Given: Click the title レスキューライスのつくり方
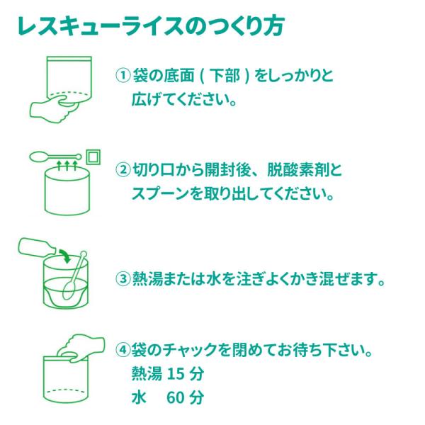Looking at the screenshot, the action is pyautogui.click(x=151, y=26).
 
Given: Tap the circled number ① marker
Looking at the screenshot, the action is pyautogui.click(x=123, y=75).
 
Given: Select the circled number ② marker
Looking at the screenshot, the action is pyautogui.click(x=123, y=170).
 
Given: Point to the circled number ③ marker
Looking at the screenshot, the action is pyautogui.click(x=123, y=278).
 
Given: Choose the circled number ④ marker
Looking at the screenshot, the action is pyautogui.click(x=123, y=350).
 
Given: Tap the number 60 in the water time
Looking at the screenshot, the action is pyautogui.click(x=176, y=397).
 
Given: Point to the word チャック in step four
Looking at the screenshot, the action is pyautogui.click(x=191, y=350).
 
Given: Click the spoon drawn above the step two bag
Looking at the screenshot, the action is pyautogui.click(x=55, y=157).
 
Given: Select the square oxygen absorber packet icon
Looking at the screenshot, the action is pyautogui.click(x=93, y=157).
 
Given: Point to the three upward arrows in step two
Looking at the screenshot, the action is pyautogui.click(x=67, y=165).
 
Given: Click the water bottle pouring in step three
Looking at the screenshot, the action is pyautogui.click(x=37, y=247).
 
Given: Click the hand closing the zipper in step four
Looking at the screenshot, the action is pyautogui.click(x=81, y=348).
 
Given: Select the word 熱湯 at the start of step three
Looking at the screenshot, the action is pyautogui.click(x=147, y=278).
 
